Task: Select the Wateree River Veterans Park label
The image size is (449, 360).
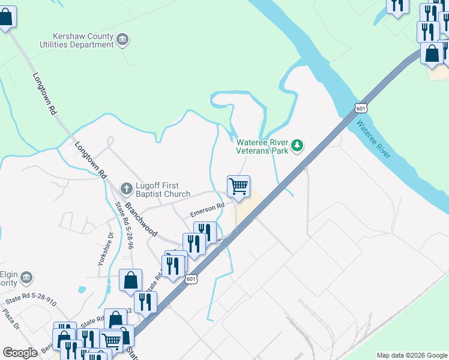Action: [262, 146]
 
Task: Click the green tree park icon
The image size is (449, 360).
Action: [297, 145]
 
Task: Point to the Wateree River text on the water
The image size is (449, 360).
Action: [373, 139]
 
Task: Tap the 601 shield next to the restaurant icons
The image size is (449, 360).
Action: [191, 279]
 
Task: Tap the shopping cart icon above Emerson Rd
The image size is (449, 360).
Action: [238, 187]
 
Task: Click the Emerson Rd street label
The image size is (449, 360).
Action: [207, 210]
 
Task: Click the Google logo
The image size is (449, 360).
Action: [20, 352]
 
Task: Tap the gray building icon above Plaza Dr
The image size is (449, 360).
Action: [26, 277]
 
